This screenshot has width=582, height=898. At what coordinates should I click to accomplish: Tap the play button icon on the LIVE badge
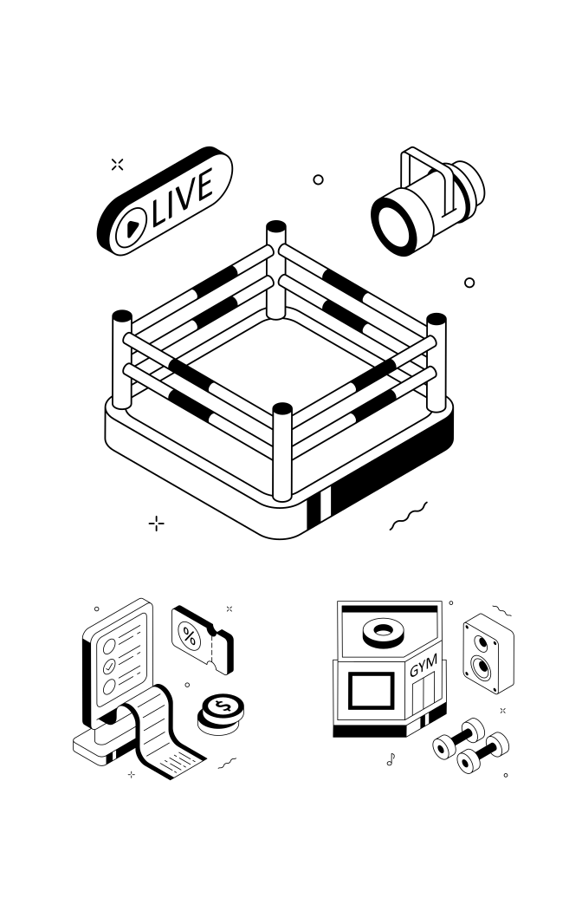(131, 227)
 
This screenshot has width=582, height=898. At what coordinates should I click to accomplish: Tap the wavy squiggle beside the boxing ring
(409, 516)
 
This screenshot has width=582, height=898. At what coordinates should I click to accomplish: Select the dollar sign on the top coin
(223, 706)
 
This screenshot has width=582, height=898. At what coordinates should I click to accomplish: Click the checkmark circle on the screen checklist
(109, 667)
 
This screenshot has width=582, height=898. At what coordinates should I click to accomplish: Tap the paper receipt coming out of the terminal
(165, 732)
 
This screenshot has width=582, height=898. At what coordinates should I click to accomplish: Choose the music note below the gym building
(391, 760)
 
